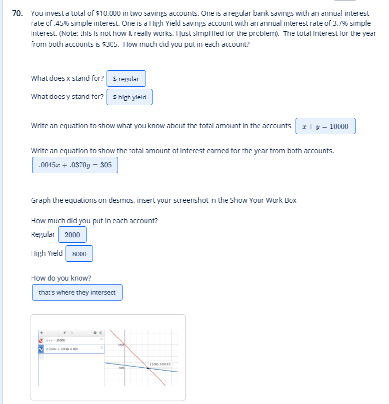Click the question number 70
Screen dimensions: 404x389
coord(17,14)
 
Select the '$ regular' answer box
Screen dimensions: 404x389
coord(126,79)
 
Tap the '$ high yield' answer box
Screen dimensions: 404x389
coord(129,97)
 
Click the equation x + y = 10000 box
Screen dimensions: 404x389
coord(325,126)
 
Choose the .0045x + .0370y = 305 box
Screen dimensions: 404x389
coord(75,165)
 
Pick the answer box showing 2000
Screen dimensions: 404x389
coord(72,235)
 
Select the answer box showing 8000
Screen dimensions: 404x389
coord(79,254)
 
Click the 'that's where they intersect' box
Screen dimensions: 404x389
coord(77,292)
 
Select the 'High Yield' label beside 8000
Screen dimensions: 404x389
coord(47,253)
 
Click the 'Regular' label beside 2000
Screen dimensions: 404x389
coord(43,234)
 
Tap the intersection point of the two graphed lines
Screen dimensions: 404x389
coord(148,368)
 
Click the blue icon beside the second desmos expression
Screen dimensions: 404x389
coord(41,348)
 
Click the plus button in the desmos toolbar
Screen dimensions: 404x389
coord(42,332)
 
